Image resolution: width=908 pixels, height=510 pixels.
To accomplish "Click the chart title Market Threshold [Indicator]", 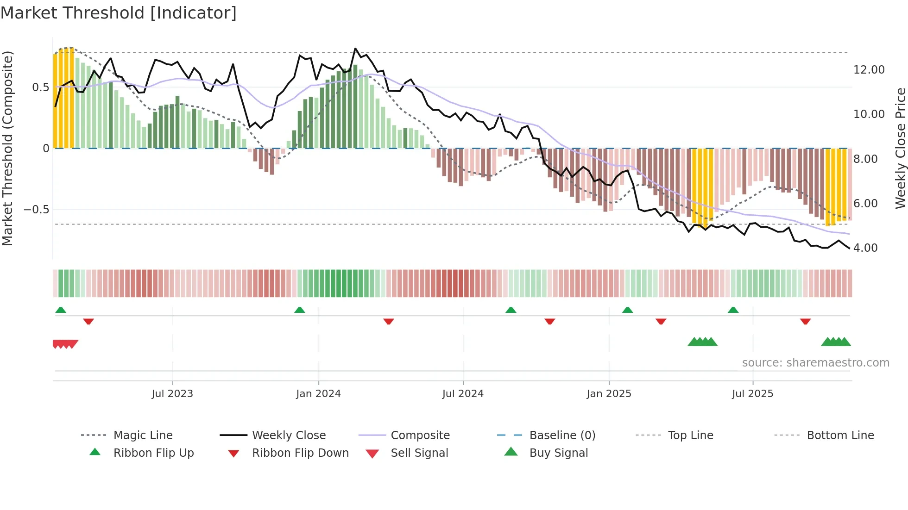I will pyautogui.click(x=119, y=13).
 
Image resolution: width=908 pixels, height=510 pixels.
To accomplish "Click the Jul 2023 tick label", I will pyautogui.click(x=172, y=394).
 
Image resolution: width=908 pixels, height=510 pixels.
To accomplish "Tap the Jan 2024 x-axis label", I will pyautogui.click(x=318, y=394).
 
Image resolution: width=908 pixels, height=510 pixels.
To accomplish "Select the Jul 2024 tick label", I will pyautogui.click(x=463, y=394).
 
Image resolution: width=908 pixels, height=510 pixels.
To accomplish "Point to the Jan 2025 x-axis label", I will pyautogui.click(x=609, y=394).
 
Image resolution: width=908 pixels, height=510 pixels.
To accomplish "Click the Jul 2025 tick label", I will pyautogui.click(x=753, y=394).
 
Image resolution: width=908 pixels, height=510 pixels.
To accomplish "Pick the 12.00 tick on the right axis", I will pyautogui.click(x=869, y=70).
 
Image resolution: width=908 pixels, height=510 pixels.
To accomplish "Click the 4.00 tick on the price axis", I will pyautogui.click(x=865, y=248).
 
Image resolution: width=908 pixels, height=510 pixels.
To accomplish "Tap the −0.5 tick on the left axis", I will pyautogui.click(x=36, y=210).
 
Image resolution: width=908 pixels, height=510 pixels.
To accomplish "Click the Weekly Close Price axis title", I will pyautogui.click(x=900, y=148).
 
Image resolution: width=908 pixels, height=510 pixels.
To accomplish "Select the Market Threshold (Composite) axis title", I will pyautogui.click(x=7, y=148).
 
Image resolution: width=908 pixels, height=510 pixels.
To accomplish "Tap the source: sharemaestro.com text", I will pyautogui.click(x=815, y=363).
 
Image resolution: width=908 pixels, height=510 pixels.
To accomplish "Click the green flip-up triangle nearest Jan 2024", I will pyautogui.click(x=300, y=310).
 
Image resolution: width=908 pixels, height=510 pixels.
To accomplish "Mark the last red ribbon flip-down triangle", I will pyautogui.click(x=805, y=321).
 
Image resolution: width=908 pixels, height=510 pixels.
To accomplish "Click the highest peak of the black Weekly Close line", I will pyautogui.click(x=355, y=49).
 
